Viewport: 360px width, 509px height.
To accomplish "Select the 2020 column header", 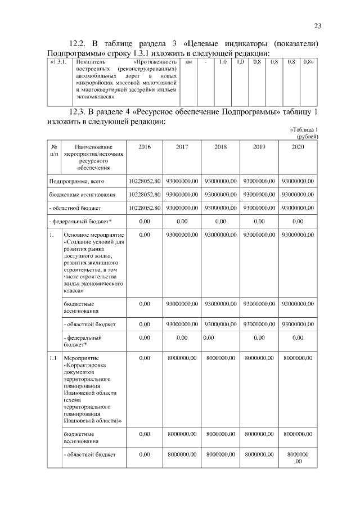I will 298,147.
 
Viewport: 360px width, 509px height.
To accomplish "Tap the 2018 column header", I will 221,147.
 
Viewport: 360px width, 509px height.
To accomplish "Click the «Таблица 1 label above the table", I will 304,129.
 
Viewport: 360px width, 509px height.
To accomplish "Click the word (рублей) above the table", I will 308,136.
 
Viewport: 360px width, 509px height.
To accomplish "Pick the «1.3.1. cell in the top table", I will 59,61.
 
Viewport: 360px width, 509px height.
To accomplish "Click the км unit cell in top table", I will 188,61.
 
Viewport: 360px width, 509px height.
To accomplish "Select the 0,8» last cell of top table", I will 308,61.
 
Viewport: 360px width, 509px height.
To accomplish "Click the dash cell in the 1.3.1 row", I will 206,61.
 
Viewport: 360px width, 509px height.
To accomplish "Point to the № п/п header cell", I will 54,150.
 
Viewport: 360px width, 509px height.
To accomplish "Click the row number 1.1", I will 52,358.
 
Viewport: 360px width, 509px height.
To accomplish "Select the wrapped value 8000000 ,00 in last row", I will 298,457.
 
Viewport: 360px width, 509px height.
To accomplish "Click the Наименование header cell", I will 93,147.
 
